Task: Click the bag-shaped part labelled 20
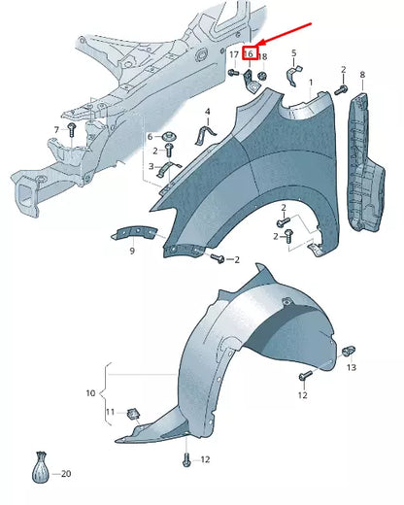[x=41, y=468]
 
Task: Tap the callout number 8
[x=362, y=75]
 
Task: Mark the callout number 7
[x=56, y=129]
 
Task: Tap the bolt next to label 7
[x=70, y=129]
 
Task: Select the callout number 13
[x=352, y=368]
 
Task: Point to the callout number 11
[x=110, y=412]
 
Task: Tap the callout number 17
[x=233, y=55]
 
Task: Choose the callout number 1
[x=312, y=84]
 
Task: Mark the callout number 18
[x=263, y=57]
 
